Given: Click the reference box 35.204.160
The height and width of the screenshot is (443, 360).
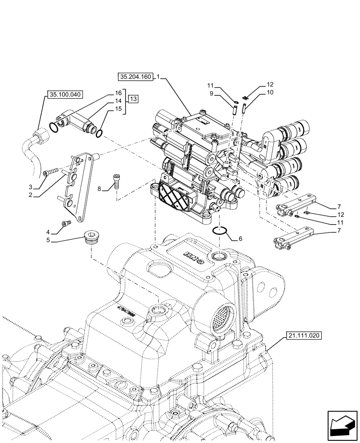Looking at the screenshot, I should tap(135, 77).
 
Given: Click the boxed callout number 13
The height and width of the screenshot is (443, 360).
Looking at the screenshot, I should tap(134, 99).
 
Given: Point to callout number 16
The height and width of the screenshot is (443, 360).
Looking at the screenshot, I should tap(118, 93).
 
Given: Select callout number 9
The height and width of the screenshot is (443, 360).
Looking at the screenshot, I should tap(211, 93).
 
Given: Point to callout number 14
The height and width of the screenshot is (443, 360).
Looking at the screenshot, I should tap(118, 101).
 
